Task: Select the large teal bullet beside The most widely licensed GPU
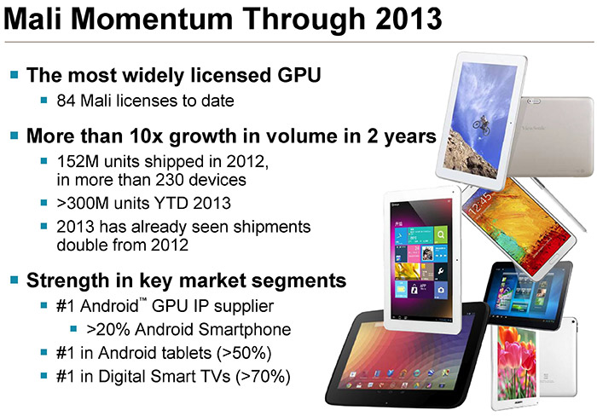point(14,75)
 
